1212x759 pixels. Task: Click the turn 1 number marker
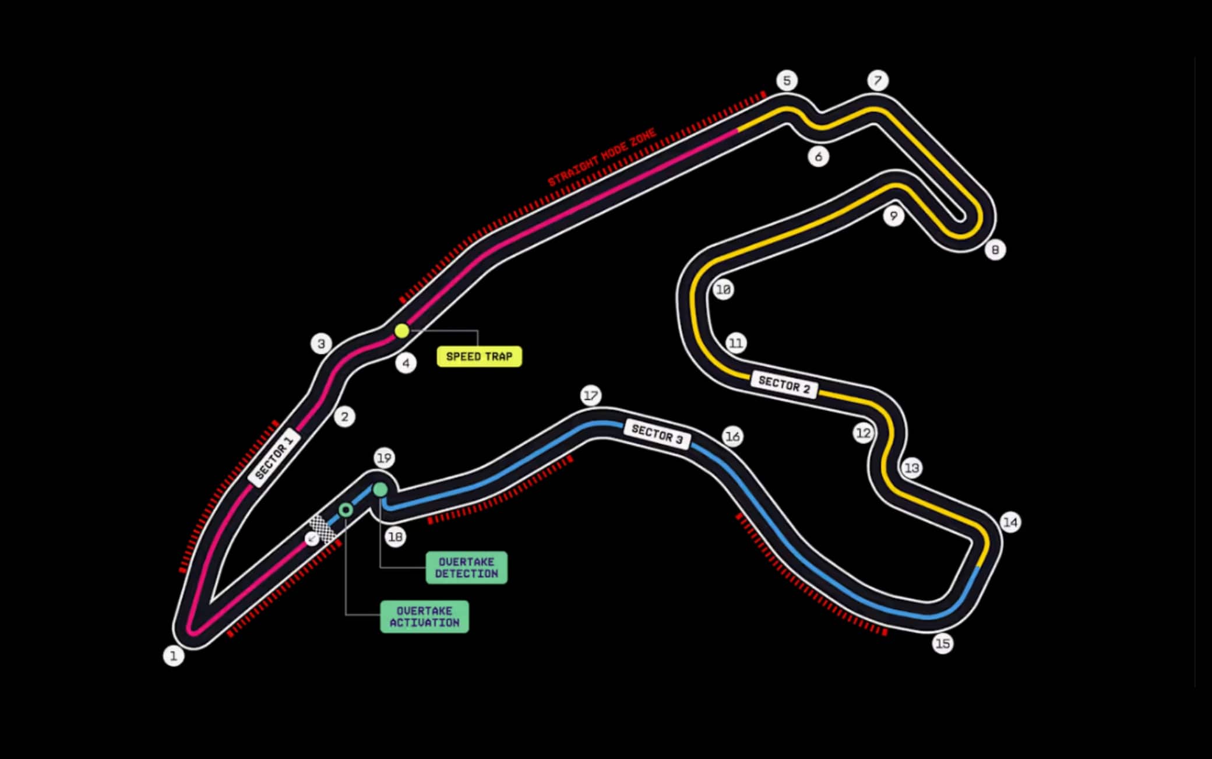coord(173,656)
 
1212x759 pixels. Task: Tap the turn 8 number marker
coord(995,250)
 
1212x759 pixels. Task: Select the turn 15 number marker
coord(943,644)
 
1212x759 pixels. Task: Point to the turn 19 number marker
coord(384,458)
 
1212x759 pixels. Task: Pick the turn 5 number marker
coord(787,80)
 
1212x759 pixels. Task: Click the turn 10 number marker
coord(723,289)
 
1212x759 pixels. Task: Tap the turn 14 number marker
coord(1010,522)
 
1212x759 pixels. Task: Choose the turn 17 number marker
coord(591,396)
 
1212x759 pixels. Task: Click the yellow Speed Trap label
coord(480,356)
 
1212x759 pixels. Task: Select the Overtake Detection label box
coord(467,568)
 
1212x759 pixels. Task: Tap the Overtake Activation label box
coord(425,617)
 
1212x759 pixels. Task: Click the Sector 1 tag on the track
coord(274,458)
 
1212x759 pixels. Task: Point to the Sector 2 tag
coord(784,385)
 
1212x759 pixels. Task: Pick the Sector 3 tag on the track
coord(657,434)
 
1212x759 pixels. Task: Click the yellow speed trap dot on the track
coord(402,331)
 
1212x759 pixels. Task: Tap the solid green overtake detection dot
coord(380,490)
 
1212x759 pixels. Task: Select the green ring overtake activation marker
coord(346,510)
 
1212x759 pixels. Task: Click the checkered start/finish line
coord(322,530)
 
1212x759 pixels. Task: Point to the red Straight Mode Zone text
coord(602,157)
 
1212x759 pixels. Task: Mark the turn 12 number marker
coord(863,433)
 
